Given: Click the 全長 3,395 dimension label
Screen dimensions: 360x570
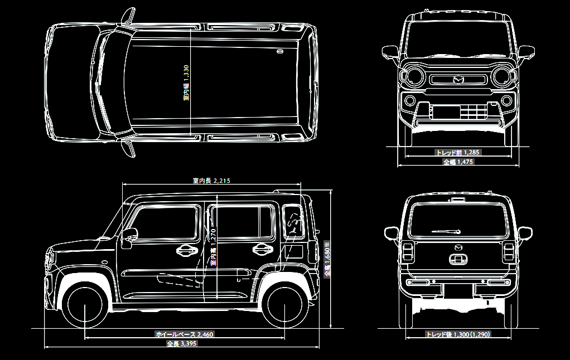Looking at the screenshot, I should (182, 344).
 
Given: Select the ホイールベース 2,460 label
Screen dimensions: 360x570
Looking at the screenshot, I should (184, 334).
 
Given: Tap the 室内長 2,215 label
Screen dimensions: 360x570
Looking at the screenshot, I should (211, 181).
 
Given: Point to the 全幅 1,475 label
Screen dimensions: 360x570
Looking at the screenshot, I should (458, 162).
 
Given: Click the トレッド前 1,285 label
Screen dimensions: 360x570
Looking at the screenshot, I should (458, 152).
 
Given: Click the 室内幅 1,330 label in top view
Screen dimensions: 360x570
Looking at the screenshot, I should (186, 83).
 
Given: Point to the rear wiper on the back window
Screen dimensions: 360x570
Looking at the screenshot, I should (446, 231).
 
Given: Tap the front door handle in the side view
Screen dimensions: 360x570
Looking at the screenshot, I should (186, 250).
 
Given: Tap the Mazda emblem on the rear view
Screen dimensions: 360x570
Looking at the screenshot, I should (458, 247).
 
